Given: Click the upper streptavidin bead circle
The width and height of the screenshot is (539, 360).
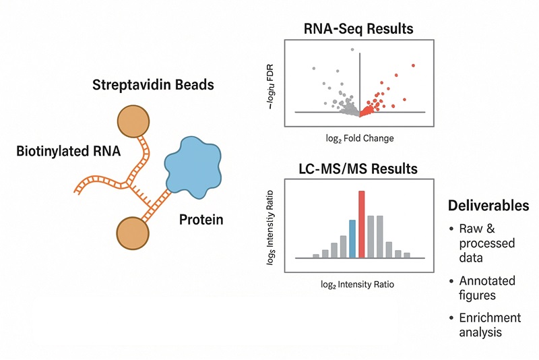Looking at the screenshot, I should tap(135, 122).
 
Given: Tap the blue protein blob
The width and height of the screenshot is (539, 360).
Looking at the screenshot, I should tap(195, 165).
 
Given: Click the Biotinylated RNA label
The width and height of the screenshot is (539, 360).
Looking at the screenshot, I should tap(68, 152).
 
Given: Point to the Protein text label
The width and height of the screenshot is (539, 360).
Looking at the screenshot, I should tap(201, 220).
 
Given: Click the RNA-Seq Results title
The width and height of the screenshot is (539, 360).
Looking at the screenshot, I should tap(357, 29).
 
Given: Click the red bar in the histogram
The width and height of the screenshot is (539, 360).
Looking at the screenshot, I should tap(362, 224).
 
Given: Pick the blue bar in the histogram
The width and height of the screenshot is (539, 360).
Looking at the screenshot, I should tap(352, 239).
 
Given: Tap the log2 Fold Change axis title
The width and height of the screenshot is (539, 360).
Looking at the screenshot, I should tap(358, 138).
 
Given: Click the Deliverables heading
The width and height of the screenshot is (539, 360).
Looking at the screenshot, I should tap(488, 206).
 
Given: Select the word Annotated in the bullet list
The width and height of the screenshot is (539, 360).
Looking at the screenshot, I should tap(487, 280).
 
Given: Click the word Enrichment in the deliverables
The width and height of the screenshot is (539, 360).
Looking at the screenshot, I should tap(490, 318).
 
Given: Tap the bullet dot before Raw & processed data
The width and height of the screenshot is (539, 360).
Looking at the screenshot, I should tap(451, 229).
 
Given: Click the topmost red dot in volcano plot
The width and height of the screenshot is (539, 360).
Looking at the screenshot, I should tap(413, 65).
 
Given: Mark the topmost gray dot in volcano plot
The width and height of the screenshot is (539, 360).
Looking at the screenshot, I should tap(352, 49).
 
